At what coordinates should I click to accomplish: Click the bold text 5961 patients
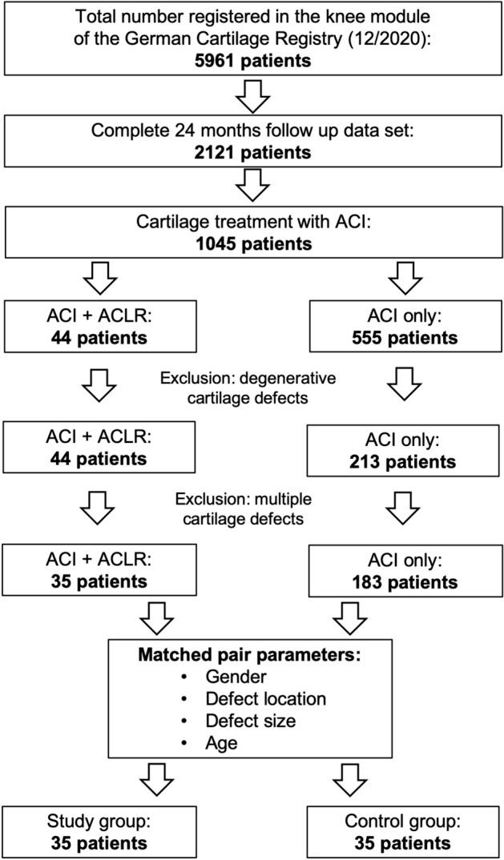(x=252, y=60)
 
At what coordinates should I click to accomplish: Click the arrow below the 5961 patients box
(x=252, y=100)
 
